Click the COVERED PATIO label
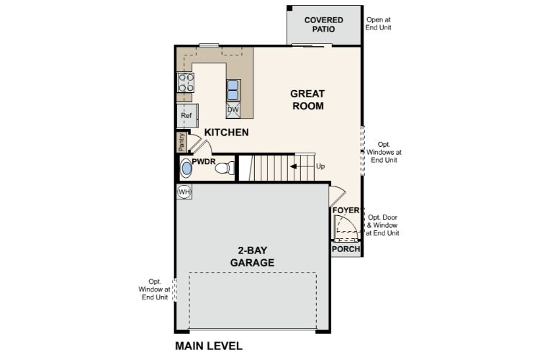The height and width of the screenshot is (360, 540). (x=323, y=24)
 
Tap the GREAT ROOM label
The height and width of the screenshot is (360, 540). (x=307, y=99)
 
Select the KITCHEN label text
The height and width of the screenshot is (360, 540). (x=226, y=132)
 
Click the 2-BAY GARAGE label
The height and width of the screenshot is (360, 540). (x=251, y=257)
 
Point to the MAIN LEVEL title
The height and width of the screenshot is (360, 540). (x=209, y=346)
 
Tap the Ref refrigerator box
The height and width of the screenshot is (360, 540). (x=186, y=115)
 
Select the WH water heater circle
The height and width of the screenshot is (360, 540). (x=184, y=192)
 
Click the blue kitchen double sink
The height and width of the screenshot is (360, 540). (x=234, y=89)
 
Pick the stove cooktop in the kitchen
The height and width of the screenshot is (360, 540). (x=185, y=83)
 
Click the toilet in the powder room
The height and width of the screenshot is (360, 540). (x=227, y=168)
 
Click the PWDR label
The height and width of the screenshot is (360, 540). (x=204, y=162)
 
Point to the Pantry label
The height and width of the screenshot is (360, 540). (x=181, y=142)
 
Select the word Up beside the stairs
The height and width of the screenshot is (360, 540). (x=320, y=166)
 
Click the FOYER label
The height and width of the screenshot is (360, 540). (x=346, y=211)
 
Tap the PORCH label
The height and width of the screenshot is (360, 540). (x=345, y=249)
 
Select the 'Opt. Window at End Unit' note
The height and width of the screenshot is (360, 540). (x=155, y=289)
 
